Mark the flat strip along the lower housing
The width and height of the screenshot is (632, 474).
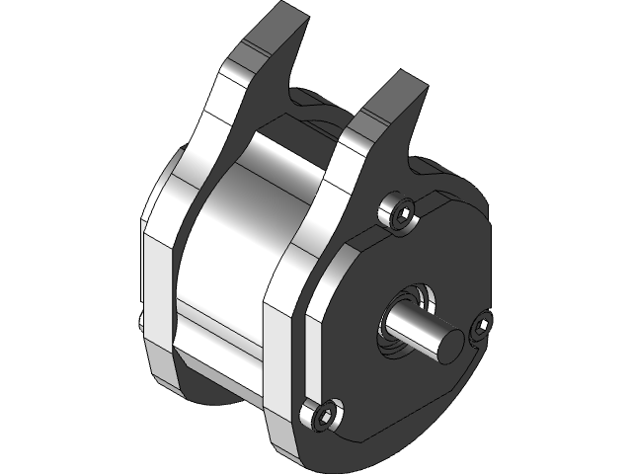217,331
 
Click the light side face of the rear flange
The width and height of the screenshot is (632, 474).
163,286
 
